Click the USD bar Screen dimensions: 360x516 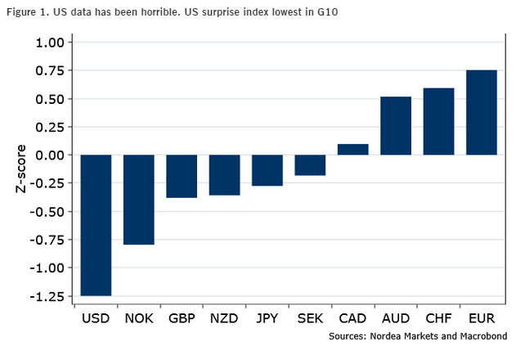coord(96,225)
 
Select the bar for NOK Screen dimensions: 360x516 coord(139,200)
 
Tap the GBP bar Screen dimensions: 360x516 coord(182,176)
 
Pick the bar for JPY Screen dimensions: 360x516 coord(267,170)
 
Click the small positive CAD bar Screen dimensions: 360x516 coord(352,150)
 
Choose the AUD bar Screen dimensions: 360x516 coord(396,126)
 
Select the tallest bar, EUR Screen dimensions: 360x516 coord(482,113)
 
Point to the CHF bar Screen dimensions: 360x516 coord(438,122)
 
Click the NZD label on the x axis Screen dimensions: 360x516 coord(225,318)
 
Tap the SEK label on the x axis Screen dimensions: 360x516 coord(310,318)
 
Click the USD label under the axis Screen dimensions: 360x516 coord(96,318)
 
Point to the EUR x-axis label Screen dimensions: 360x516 coord(482,318)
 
